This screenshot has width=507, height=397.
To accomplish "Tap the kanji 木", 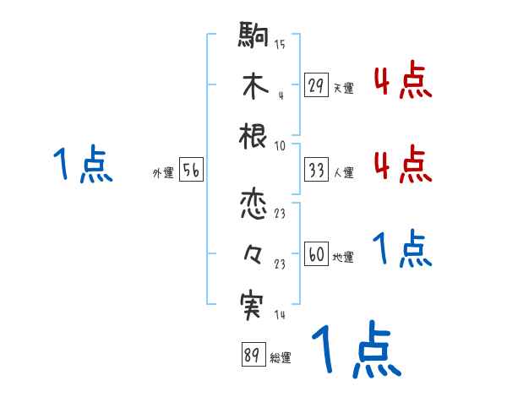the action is (x=253, y=87).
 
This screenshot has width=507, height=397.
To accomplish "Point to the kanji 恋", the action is (x=253, y=204).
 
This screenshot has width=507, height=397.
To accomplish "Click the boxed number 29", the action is (x=316, y=85).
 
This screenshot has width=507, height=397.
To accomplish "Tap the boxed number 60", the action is (x=316, y=254).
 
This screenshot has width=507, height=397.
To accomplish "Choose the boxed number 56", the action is (x=191, y=170).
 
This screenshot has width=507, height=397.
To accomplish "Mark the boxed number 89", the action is (x=252, y=354).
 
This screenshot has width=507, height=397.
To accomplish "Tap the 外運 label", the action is (x=163, y=173).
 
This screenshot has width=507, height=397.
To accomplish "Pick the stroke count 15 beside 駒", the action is (x=280, y=43).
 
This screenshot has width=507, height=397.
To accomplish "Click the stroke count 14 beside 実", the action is (x=280, y=314).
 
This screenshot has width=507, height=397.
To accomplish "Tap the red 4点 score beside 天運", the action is (x=402, y=81).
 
